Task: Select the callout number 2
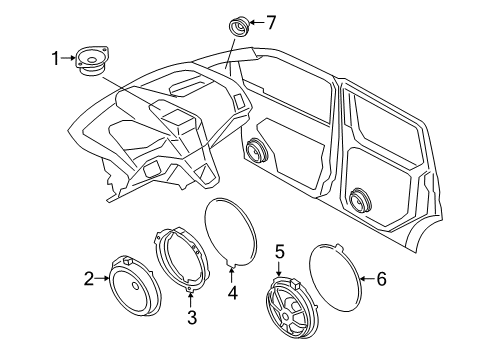(x=89, y=279)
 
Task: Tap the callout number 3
(x=192, y=318)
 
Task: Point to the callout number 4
(x=233, y=294)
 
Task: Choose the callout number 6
(x=380, y=280)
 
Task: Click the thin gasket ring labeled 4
(x=232, y=232)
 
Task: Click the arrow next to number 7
(x=255, y=22)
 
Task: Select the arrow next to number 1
(x=72, y=59)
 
